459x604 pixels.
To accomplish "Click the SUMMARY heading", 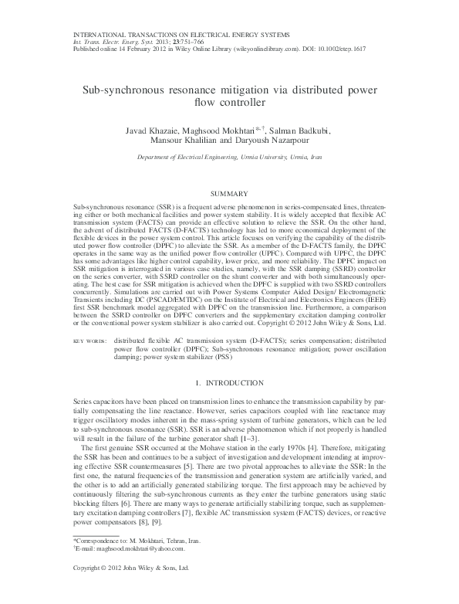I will coord(229,192).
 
